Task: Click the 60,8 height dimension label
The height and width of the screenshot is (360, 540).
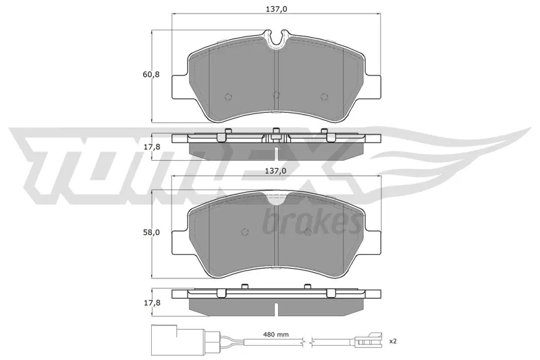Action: [151, 74]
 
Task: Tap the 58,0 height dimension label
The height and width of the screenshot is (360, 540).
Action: [151, 232]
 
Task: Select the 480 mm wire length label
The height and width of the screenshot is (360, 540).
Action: [276, 334]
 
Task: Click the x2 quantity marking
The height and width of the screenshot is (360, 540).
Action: [393, 341]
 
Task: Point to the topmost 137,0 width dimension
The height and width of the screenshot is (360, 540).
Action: [276, 9]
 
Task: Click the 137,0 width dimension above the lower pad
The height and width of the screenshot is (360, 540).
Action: [276, 170]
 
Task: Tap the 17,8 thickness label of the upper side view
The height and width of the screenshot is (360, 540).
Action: [151, 147]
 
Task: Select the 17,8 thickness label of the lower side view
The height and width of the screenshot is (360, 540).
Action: [151, 303]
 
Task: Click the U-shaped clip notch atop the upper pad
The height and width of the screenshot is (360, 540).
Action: [276, 38]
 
